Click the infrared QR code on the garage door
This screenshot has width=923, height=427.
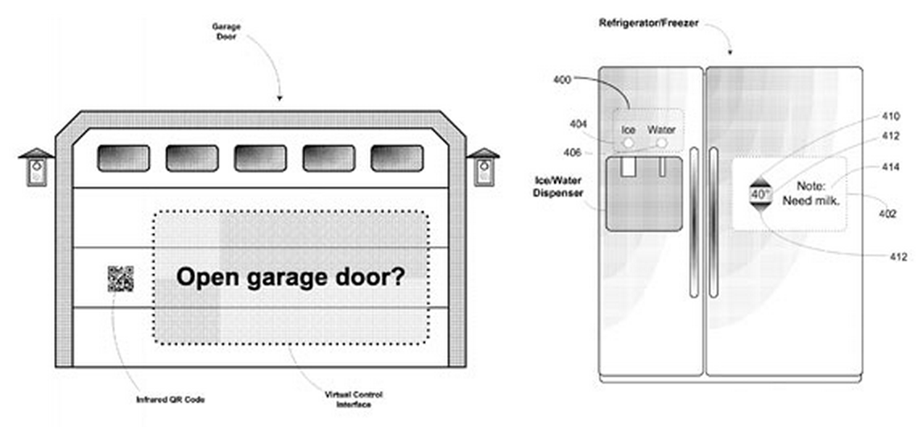click(x=120, y=279)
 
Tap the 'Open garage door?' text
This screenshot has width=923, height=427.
click(x=291, y=278)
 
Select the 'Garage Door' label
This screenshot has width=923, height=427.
click(x=226, y=31)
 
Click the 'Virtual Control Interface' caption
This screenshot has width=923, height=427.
click(x=353, y=399)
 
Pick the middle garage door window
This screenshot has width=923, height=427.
click(x=259, y=158)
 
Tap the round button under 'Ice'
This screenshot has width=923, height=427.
click(x=627, y=143)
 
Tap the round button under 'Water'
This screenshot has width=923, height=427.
click(x=661, y=143)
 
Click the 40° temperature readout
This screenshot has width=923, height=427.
click(x=760, y=194)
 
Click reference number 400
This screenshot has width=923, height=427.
click(x=562, y=80)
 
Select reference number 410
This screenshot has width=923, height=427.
click(x=891, y=115)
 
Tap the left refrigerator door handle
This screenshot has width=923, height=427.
click(x=692, y=222)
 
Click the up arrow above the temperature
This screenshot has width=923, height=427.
click(x=760, y=180)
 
